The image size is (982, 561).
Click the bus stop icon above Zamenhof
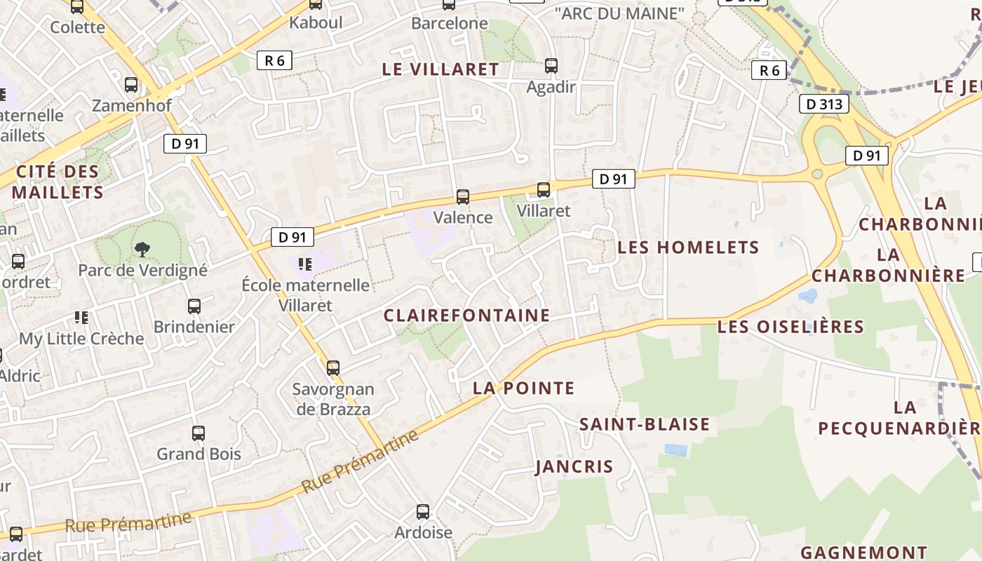[131, 85]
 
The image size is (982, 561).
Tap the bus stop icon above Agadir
[551, 66]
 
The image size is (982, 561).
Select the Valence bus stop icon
[462, 196]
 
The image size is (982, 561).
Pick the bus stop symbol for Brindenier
[194, 306]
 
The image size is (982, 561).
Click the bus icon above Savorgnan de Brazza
[333, 367]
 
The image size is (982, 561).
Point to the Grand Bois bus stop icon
[199, 433]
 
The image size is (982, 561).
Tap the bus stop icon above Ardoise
[423, 511]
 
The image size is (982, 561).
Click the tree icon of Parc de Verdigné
[142, 248]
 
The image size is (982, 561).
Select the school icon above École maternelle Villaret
[305, 264]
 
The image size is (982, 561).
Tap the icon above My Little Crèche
[81, 318]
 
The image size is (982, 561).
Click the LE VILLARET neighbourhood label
[440, 69]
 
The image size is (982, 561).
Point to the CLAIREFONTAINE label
[466, 316]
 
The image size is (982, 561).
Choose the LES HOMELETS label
[688, 248]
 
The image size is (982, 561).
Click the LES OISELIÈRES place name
[791, 327]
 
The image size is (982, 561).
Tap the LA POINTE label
[523, 388]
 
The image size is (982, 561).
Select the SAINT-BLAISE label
[644, 424]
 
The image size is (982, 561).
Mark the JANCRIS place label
[574, 467]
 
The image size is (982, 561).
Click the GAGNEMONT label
[863, 553]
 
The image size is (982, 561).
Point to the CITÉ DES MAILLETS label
[58, 182]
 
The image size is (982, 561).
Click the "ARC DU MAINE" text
[619, 13]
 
